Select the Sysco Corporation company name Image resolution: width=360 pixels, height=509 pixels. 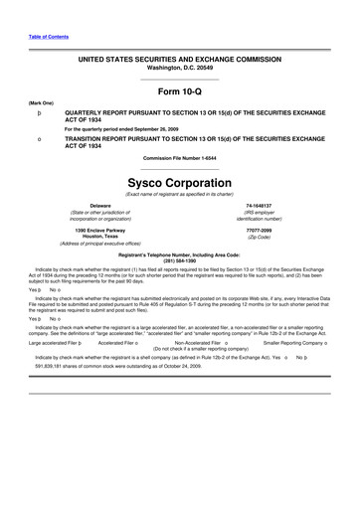click(x=180, y=184)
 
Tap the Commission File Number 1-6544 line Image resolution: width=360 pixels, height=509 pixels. click(x=180, y=158)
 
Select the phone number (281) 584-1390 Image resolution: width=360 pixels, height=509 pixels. click(x=180, y=260)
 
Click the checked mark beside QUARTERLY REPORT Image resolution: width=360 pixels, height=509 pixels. click(x=38, y=114)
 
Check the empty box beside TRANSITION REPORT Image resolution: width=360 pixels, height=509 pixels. click(x=38, y=140)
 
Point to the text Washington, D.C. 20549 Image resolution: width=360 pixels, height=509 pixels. click(x=180, y=68)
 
